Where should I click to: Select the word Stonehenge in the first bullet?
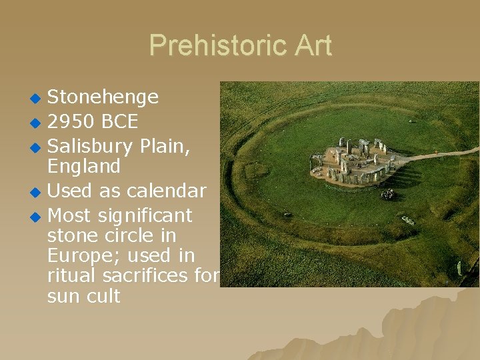[103, 97]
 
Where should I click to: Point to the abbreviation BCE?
[121, 122]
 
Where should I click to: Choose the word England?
[84, 166]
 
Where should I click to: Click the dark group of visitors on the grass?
[387, 194]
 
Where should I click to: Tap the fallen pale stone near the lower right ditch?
[407, 221]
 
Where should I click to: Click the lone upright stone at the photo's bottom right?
[459, 269]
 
